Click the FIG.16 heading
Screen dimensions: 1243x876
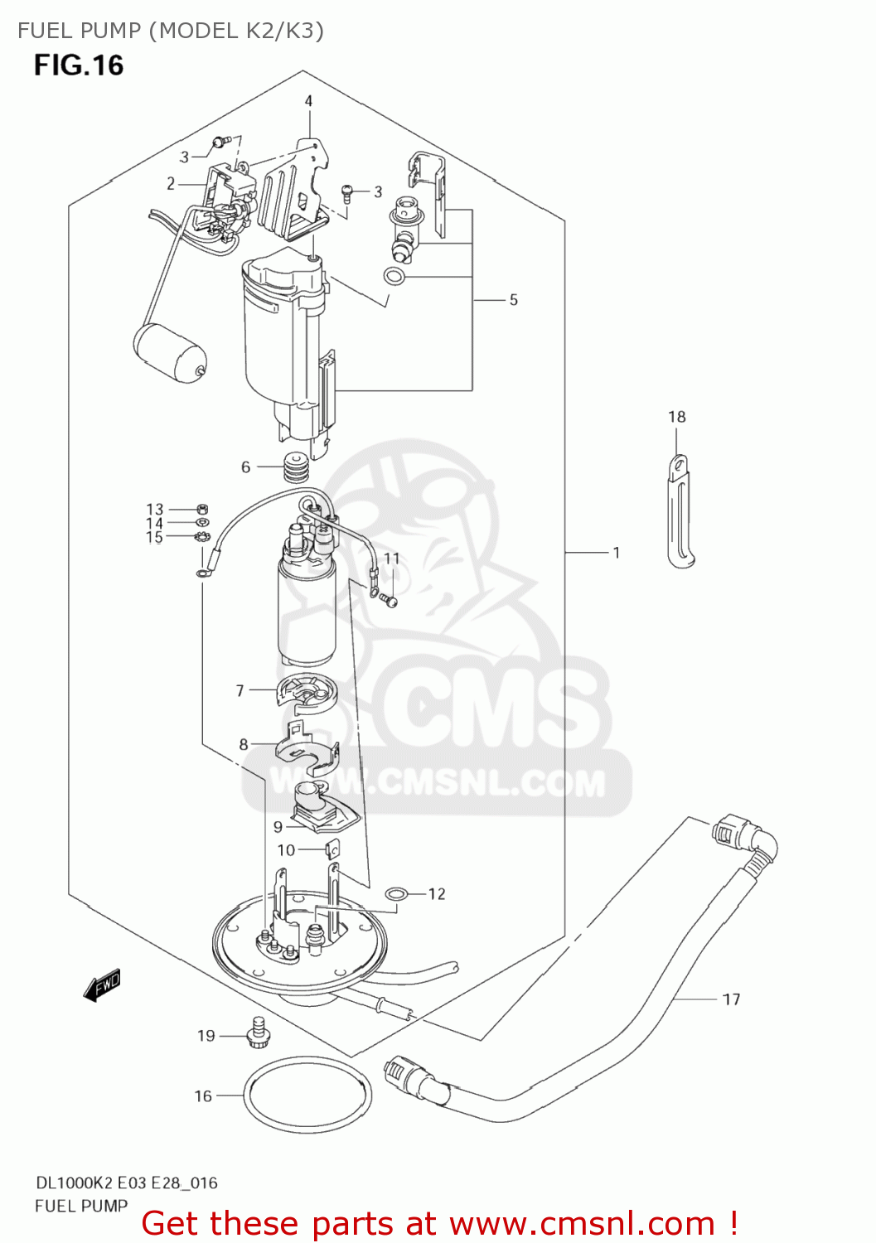pyautogui.click(x=79, y=65)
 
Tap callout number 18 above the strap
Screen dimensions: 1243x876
pyautogui.click(x=676, y=417)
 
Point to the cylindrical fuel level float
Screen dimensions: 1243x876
pyautogui.click(x=170, y=354)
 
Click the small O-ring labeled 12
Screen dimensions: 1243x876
pyautogui.click(x=397, y=893)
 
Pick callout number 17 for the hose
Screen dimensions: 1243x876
pyautogui.click(x=731, y=999)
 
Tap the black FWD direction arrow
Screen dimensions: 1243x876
pyautogui.click(x=103, y=986)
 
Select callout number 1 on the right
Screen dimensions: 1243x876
pyautogui.click(x=616, y=553)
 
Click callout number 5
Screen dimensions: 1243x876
pyautogui.click(x=513, y=300)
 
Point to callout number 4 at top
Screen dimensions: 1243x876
pyautogui.click(x=308, y=101)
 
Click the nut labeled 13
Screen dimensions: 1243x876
pyautogui.click(x=202, y=509)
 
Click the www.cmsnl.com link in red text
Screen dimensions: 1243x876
pyautogui.click(x=582, y=1223)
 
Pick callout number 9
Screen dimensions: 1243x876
pyautogui.click(x=278, y=826)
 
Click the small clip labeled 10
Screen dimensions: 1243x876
pyautogui.click(x=333, y=850)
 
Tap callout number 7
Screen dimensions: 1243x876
pyautogui.click(x=240, y=690)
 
